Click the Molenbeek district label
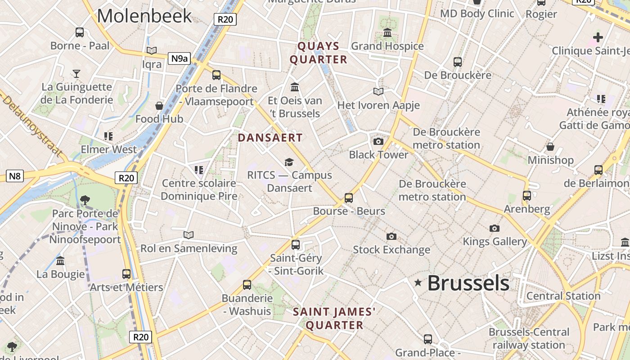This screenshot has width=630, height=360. coord(144,16)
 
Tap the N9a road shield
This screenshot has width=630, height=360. coord(179,58)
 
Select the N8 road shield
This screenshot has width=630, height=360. coord(15,175)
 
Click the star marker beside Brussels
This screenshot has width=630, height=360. coord(418,283)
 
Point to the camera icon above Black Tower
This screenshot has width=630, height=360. coord(378,142)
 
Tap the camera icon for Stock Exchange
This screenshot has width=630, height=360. coord(391,236)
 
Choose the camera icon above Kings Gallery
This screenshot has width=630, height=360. coord(495,229)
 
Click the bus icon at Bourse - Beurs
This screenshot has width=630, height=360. coord(349,198)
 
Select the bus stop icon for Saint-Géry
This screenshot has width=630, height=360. coord(296,245)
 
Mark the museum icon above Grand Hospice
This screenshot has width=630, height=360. coord(387,33)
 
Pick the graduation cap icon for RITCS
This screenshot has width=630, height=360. coord(289,162)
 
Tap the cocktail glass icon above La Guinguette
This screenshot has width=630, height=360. coord(76,73)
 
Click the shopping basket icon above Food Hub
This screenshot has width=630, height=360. coord(159,106)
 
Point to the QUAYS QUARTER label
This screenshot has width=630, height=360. coord(319,53)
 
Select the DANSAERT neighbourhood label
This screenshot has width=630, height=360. coord(270,138)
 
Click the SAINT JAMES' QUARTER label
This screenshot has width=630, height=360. coord(334,319)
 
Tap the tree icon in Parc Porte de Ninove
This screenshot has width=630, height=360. coord(85,200)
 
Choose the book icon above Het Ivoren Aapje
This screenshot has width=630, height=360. coord(378,92)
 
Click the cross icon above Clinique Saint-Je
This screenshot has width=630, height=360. coord(598,37)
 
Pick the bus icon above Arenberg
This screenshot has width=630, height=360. coord(527,196)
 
